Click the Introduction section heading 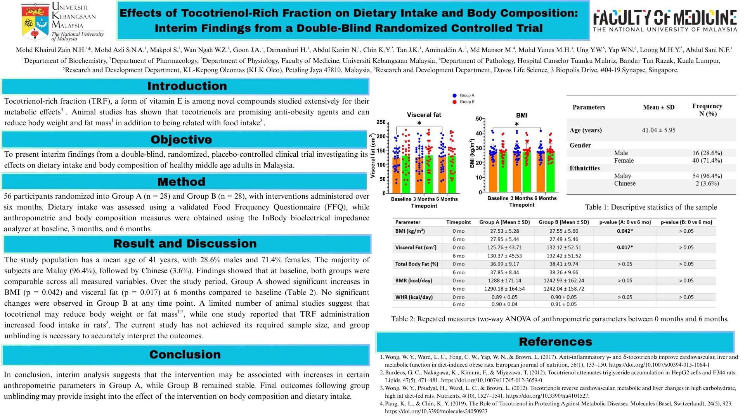(187, 86)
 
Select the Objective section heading (181, 140)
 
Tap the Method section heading (181, 182)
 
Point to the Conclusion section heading (185, 355)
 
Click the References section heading (555, 342)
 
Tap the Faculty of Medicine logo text (665, 18)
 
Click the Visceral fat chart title (424, 115)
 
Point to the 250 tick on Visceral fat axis (381, 122)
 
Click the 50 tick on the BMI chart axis (478, 119)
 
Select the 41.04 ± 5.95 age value (658, 130)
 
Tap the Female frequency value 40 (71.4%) (707, 161)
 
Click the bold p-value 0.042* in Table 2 (625, 231)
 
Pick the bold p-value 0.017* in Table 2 (625, 248)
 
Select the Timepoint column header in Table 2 (458, 222)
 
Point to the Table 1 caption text (651, 207)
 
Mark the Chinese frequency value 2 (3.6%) (707, 184)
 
